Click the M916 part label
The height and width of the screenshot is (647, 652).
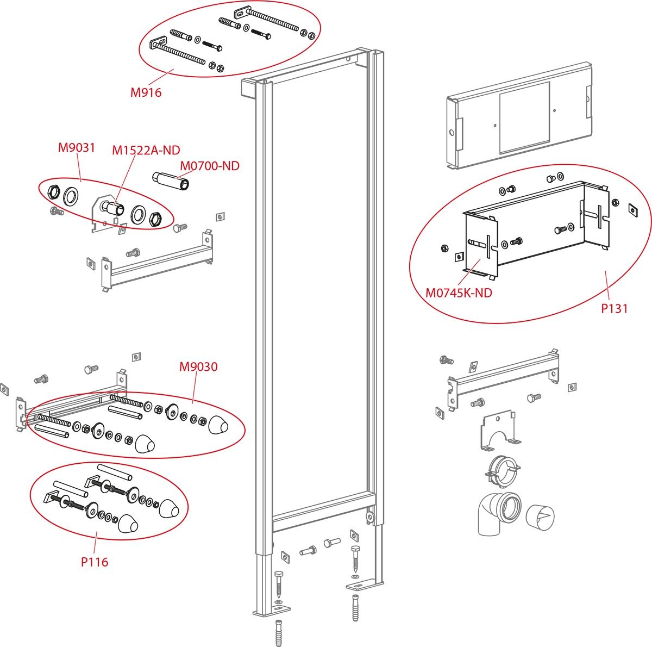pos(146,92)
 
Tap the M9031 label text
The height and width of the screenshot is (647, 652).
pos(77,147)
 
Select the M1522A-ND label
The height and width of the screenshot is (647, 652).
pos(146,150)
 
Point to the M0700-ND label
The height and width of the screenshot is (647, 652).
pos(209,165)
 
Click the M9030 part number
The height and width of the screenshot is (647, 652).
pos(198,367)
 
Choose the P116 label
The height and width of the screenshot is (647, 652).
pos(95,562)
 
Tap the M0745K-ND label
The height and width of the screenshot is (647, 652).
pos(459,293)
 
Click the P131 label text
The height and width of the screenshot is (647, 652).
pos(614,308)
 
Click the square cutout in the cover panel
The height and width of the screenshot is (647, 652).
pos(524,117)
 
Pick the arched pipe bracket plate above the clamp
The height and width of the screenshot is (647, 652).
pos(496,433)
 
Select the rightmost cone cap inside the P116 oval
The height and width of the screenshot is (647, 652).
pos(168,508)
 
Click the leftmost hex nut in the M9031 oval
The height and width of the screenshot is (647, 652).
pos(54,192)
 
